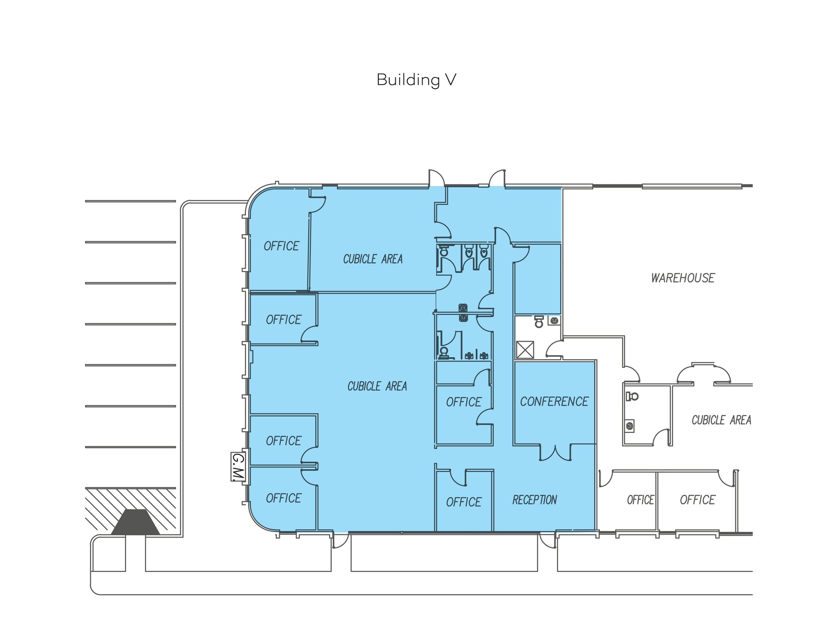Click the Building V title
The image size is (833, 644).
click(x=416, y=80)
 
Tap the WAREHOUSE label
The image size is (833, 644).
click(x=683, y=278)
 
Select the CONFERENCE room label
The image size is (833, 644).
click(x=554, y=402)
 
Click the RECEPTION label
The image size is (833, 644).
click(x=534, y=500)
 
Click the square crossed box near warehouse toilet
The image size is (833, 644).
click(x=525, y=349)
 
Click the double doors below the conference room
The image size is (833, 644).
click(x=555, y=452)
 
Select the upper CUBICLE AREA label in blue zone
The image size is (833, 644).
click(x=373, y=259)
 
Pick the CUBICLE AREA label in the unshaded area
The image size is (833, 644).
click(x=721, y=420)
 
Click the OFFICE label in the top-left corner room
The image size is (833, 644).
click(x=281, y=246)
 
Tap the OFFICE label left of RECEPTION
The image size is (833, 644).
click(x=464, y=502)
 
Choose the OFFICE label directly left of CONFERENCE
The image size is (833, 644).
click(x=464, y=402)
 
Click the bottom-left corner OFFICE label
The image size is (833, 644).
click(x=283, y=498)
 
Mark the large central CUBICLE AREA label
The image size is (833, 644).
click(x=377, y=386)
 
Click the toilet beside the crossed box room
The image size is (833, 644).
click(x=539, y=322)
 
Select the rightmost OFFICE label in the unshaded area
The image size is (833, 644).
click(x=697, y=500)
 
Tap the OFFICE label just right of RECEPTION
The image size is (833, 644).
click(x=640, y=500)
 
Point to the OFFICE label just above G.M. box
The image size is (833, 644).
click(x=283, y=441)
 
